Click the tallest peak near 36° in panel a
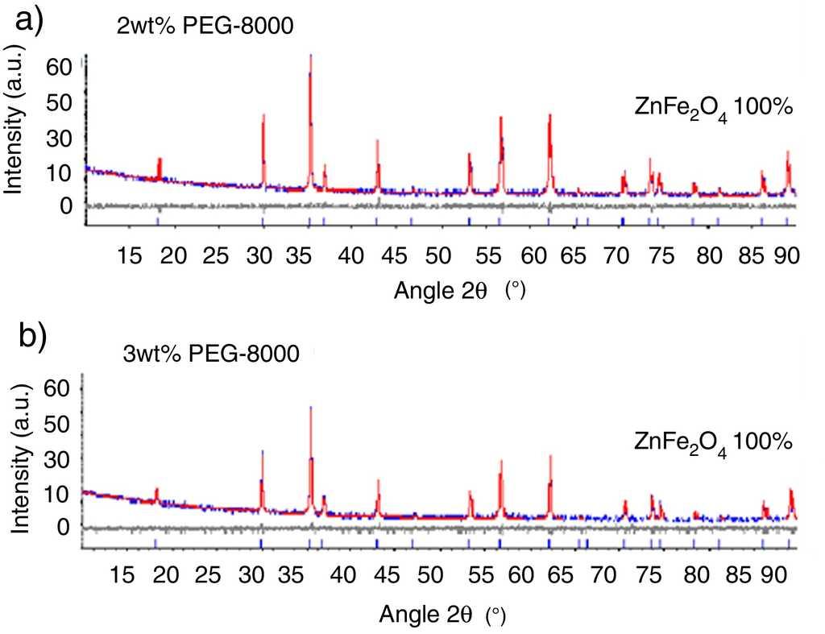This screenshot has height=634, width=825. point(310,58)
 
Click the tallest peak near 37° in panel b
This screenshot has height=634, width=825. point(310,410)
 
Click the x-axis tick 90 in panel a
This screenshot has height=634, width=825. point(786,257)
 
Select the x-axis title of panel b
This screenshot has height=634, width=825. point(442,615)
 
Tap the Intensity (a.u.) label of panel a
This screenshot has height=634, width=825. point(14,133)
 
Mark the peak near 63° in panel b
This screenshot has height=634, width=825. point(550,458)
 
